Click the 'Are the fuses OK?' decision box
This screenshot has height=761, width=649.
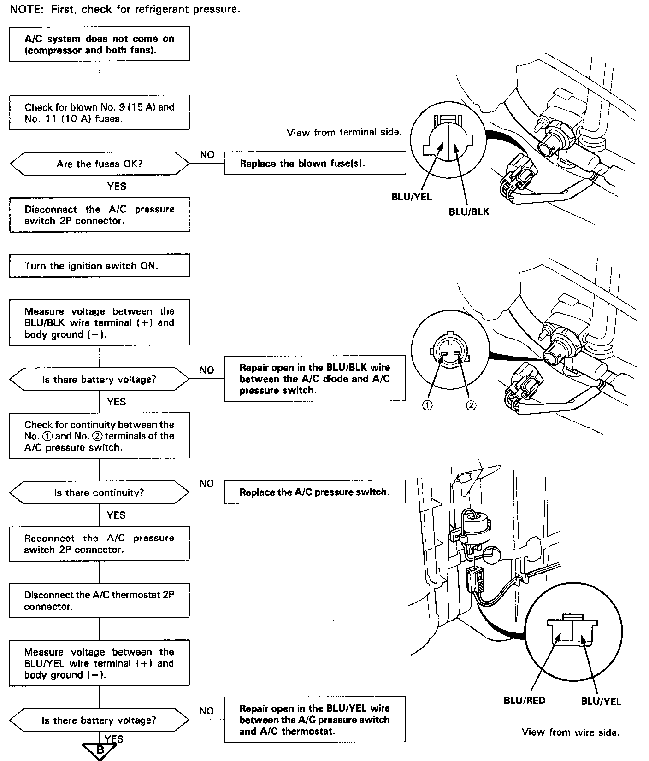100,164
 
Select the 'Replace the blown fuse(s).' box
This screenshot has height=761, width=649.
315,164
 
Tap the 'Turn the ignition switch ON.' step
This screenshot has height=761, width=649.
100,266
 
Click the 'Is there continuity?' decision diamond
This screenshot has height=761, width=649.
100,493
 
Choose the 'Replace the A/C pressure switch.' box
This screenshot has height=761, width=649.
315,492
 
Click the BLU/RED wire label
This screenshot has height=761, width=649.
524,701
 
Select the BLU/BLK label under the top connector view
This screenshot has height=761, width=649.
469,212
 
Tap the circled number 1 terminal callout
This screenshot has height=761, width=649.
428,405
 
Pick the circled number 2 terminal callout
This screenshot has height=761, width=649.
471,405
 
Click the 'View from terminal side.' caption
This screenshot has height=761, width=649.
344,133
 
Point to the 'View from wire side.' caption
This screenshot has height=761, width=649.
570,732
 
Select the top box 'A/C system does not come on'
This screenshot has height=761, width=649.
100,44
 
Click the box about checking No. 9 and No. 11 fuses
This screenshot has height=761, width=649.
100,113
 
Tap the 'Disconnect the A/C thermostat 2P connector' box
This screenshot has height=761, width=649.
100,601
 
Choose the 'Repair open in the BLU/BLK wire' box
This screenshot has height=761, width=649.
315,379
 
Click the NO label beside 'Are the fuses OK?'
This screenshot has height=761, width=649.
207,155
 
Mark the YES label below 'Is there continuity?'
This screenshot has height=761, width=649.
116,515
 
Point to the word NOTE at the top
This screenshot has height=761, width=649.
25,9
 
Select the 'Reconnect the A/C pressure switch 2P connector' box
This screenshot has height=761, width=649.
100,544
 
